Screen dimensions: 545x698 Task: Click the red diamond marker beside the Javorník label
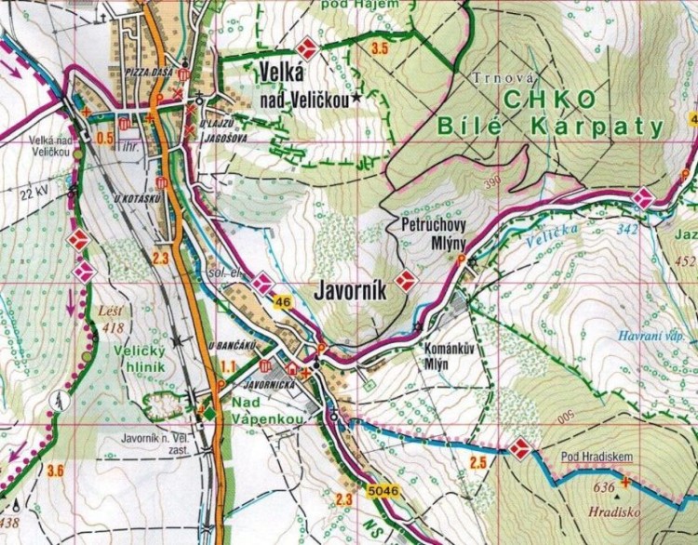click(404, 280)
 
